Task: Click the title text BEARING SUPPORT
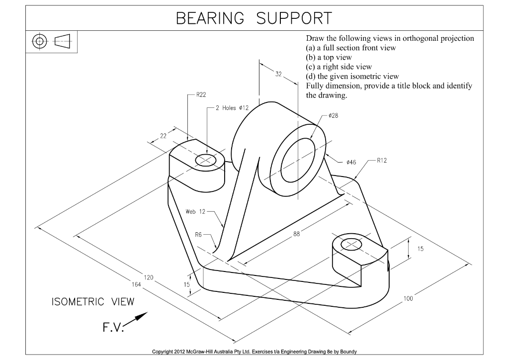pyautogui.click(x=254, y=18)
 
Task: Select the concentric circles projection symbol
pyautogui.click(x=40, y=42)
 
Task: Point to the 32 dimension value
pyautogui.click(x=278, y=74)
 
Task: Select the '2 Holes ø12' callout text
pyautogui.click(x=233, y=107)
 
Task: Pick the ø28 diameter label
pyautogui.click(x=333, y=115)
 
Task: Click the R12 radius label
pyautogui.click(x=382, y=160)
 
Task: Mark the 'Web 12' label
pyautogui.click(x=195, y=211)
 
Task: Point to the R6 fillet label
pyautogui.click(x=198, y=234)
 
